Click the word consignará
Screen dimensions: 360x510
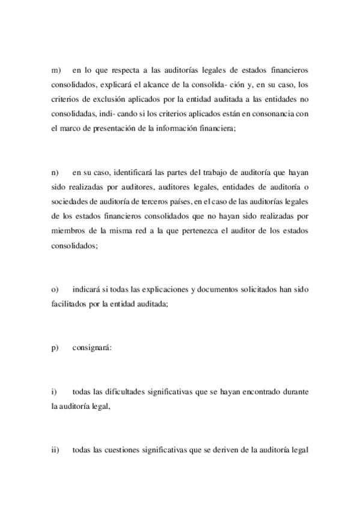click(91, 347)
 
